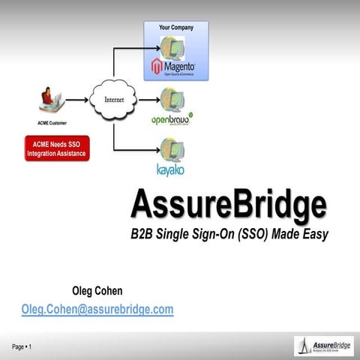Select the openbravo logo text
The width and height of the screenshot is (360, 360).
point(172,119)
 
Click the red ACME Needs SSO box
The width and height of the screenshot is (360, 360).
point(57,148)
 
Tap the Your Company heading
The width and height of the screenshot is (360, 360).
point(175,28)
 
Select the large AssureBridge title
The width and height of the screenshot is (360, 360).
point(229,204)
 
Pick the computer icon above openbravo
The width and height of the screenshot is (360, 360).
point(172,98)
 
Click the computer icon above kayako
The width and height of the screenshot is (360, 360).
point(172,148)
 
